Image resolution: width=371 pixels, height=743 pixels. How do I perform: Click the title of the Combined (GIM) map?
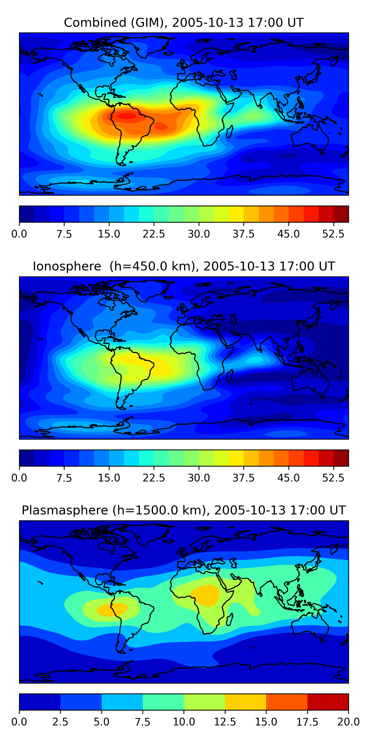pos(184,23)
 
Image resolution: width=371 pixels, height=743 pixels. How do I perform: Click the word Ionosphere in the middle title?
pos(67,266)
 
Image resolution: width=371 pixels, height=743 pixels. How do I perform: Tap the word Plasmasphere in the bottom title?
pos(65,510)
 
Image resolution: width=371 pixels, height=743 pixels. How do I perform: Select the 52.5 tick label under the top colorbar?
pos(333,234)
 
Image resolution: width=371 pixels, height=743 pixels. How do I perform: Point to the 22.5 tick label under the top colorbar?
pos(154,234)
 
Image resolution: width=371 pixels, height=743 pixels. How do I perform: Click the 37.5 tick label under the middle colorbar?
pos(244,478)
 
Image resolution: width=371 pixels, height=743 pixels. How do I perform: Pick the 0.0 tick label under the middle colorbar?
pos(19,478)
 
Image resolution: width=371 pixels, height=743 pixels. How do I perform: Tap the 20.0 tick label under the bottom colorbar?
pos(348,722)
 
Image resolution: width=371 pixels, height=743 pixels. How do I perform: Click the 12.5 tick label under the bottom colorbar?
pos(225,722)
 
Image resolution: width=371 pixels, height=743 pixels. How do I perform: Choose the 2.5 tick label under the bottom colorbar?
pos(60,722)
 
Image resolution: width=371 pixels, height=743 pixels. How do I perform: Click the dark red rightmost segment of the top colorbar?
pos(341,214)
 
